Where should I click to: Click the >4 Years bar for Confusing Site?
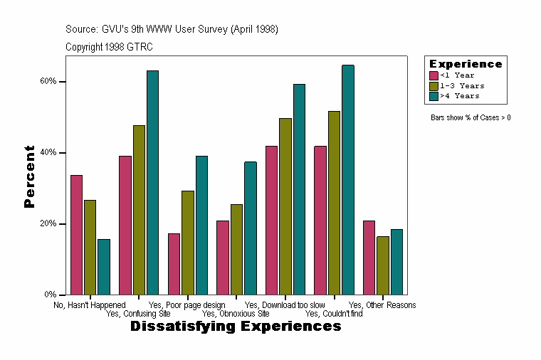point(152,182)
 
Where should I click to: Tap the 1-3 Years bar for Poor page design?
point(188,243)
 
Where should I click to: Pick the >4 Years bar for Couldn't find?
point(348,179)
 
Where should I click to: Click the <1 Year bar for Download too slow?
point(271,220)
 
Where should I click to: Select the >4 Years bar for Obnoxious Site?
point(251,228)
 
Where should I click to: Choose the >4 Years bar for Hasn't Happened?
point(104,267)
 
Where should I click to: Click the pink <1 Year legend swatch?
point(434,75)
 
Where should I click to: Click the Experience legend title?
point(466,64)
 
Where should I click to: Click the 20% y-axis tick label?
point(48,223)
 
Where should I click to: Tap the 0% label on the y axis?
point(50,295)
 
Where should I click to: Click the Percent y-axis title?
point(29,176)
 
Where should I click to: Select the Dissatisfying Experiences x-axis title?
point(236,327)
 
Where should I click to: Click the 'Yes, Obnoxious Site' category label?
point(236,313)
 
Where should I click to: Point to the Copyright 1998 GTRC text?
point(109,47)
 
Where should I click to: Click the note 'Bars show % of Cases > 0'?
point(471,117)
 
